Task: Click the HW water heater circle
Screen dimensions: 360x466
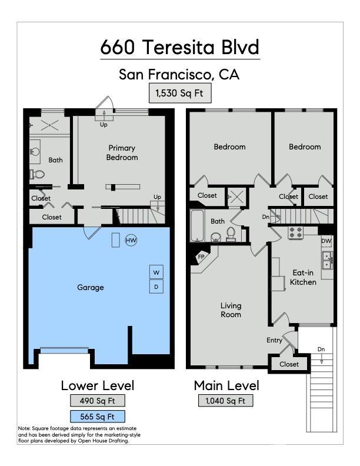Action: [x=131, y=240]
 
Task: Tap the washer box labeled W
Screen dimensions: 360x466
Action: [x=156, y=272]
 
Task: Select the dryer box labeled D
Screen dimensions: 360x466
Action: [x=156, y=287]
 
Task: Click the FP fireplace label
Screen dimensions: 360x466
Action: [x=201, y=257]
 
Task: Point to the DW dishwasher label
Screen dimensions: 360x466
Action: [x=326, y=241]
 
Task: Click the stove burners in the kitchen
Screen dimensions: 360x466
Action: [x=295, y=232]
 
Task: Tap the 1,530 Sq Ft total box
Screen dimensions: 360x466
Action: [x=179, y=94]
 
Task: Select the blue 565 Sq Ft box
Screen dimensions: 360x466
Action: [x=98, y=417]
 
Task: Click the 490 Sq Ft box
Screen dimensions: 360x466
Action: [x=98, y=401]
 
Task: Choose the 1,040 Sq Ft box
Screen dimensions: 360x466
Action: [x=225, y=401]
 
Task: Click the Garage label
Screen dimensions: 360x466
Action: [x=91, y=287]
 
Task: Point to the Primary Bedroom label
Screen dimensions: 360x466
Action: [x=122, y=152]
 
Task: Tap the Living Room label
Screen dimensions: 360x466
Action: [x=231, y=310]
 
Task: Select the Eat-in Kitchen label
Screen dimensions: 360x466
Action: [x=303, y=277]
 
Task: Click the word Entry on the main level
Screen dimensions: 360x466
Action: [x=274, y=340]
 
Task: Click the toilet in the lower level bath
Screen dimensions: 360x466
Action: [x=37, y=174]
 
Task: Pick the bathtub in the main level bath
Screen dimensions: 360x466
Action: [x=197, y=225]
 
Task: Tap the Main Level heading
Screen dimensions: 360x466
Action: [x=226, y=385]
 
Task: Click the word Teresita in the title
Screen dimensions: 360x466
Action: [x=178, y=47]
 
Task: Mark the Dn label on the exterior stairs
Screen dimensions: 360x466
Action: [x=321, y=349]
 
